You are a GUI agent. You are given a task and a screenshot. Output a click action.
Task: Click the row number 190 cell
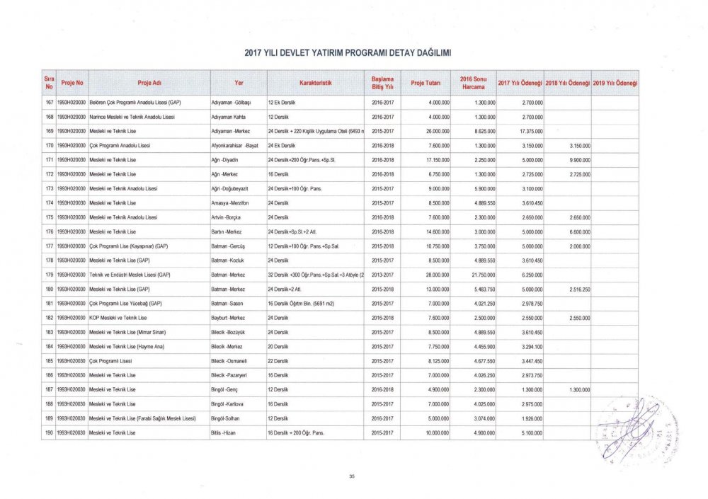[50, 432]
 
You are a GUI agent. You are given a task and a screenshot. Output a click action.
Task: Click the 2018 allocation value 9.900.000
[577, 160]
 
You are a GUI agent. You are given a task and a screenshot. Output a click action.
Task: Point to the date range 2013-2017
[382, 275]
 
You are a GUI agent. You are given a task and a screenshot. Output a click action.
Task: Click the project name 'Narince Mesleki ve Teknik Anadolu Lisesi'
[132, 116]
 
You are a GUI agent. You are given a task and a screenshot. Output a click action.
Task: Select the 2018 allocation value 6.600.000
[577, 231]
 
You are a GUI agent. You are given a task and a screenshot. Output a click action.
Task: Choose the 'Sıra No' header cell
[49, 83]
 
